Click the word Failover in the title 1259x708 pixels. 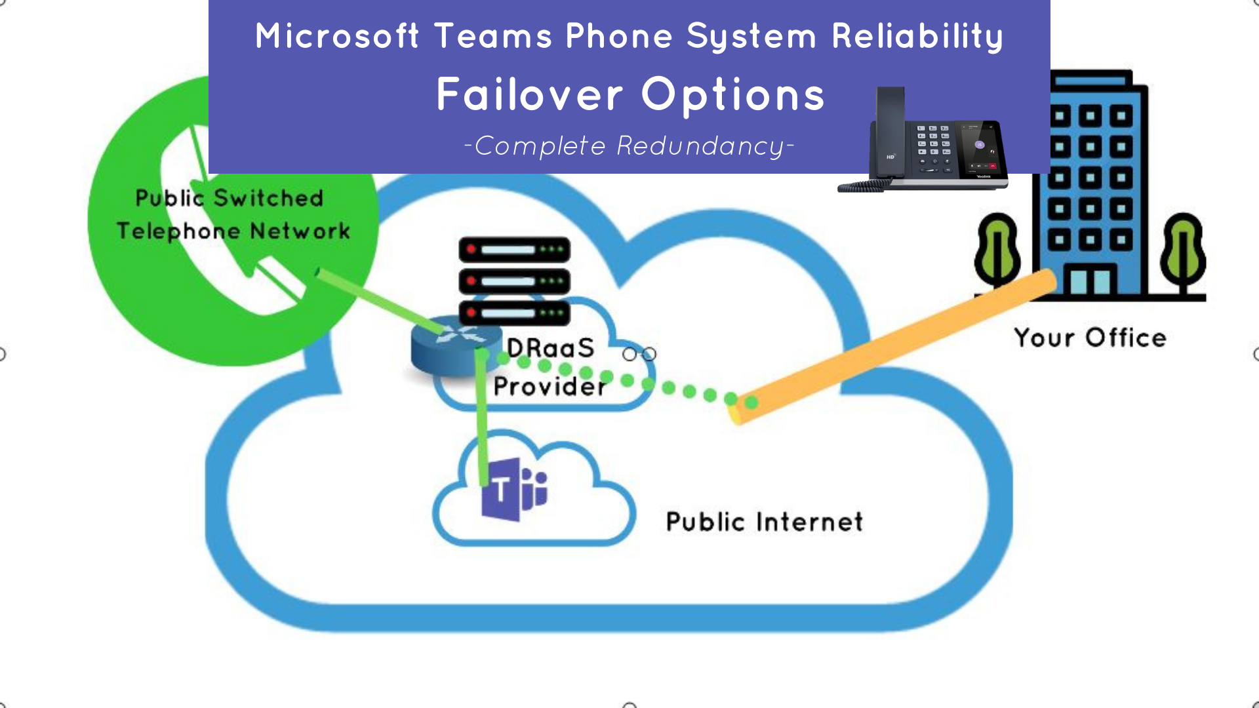pos(529,94)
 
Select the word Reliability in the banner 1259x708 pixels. pos(917,36)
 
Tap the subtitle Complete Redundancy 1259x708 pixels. pos(629,146)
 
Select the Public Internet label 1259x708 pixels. pos(765,522)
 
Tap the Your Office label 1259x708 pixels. pos(1090,338)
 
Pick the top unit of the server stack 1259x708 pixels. pos(515,250)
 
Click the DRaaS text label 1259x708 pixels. pos(551,347)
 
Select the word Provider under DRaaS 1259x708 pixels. pos(550,386)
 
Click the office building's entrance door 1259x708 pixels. pos(1090,280)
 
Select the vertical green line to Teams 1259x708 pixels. pos(483,420)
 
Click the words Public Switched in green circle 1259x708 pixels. pos(230,198)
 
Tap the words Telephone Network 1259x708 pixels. pos(233,231)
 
